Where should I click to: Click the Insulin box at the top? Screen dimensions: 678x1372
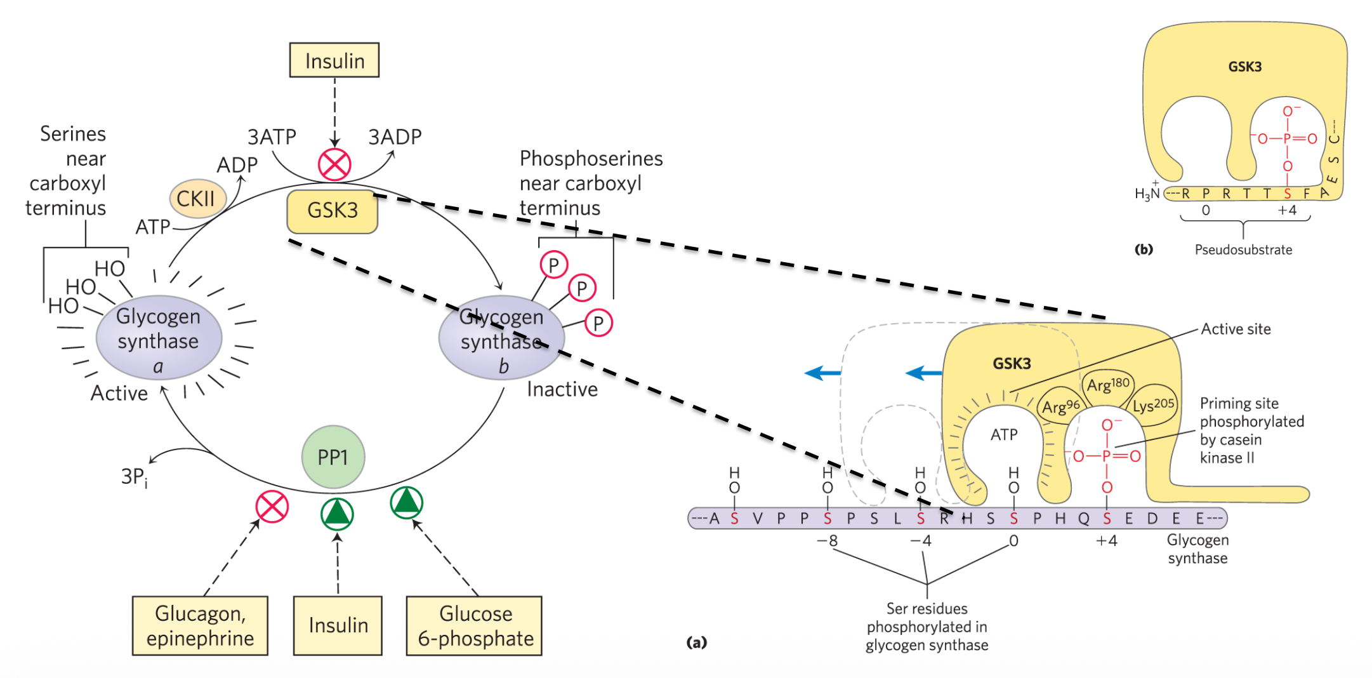coord(334,60)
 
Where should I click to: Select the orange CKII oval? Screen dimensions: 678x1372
coord(197,199)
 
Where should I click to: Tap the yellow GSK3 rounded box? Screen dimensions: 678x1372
coord(332,211)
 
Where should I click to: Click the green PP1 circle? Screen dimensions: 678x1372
coord(333,457)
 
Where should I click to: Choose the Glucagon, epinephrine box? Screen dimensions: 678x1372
coord(200,625)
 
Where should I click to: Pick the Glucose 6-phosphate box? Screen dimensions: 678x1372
coord(475,625)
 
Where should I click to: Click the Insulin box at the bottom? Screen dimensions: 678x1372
coord(338,625)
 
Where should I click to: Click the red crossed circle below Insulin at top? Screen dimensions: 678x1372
coord(334,165)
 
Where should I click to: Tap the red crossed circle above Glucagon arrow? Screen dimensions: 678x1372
coord(272,507)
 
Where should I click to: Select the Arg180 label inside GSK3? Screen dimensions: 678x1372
coord(1108,385)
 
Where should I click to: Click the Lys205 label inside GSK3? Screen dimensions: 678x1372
coord(1153,405)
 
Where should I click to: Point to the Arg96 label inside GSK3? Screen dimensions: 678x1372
coord(1060,406)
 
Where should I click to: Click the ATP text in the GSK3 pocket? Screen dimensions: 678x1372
coord(1003,435)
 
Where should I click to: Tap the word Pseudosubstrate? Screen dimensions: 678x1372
coord(1243,250)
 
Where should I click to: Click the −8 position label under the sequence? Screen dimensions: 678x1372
coord(827,541)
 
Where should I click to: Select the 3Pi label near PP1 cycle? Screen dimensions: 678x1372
coord(134,477)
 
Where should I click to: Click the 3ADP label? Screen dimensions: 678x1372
coord(395,137)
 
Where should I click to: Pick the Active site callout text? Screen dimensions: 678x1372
coord(1235,329)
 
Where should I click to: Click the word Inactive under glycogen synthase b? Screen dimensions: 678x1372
coord(562,389)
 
